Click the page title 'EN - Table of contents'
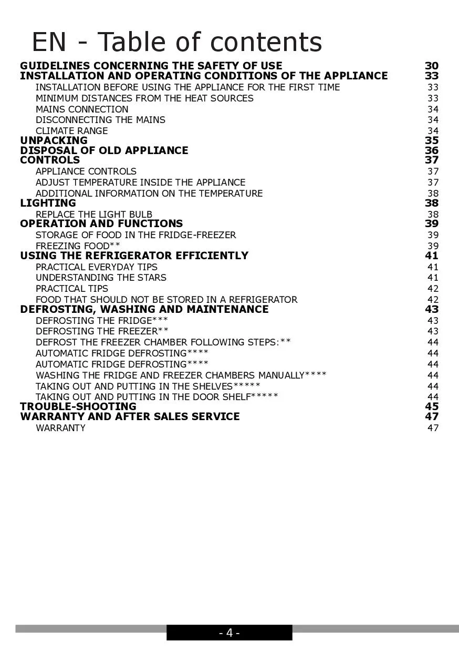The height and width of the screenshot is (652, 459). (x=176, y=42)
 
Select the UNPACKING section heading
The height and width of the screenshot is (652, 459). (x=54, y=140)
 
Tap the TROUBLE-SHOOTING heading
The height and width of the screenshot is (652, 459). (x=78, y=406)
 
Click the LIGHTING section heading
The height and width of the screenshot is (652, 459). (x=48, y=203)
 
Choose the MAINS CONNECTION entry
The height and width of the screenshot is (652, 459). (x=82, y=109)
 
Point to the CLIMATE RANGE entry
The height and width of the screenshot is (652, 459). (x=71, y=131)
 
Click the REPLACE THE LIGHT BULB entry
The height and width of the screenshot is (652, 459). (x=94, y=215)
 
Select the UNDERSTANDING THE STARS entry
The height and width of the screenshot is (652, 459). (x=101, y=278)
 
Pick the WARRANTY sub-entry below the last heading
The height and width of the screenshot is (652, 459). (x=60, y=428)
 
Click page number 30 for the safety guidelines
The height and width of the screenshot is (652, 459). (x=432, y=66)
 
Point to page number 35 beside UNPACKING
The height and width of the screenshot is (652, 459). (x=432, y=140)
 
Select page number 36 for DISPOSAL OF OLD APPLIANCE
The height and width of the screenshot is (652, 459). (x=432, y=150)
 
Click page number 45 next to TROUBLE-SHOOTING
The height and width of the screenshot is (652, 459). (x=432, y=406)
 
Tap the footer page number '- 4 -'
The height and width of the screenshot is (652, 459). (x=229, y=633)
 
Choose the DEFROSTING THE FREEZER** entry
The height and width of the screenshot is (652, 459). (x=102, y=331)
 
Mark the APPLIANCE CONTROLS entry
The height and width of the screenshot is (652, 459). (x=86, y=171)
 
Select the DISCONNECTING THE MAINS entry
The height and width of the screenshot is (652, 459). (x=100, y=120)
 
